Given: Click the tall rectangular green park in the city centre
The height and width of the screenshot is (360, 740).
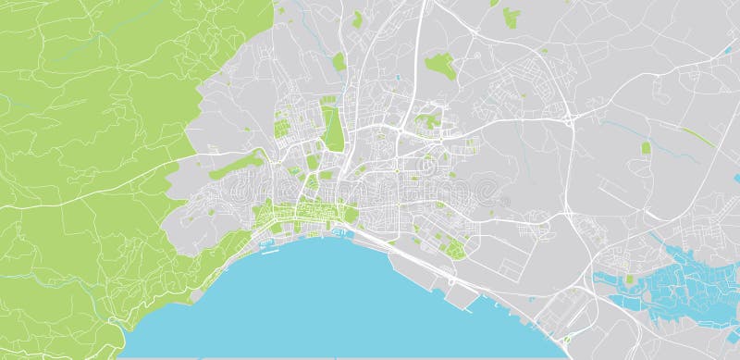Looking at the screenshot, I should [x=331, y=127].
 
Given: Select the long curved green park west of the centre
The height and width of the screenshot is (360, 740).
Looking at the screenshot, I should [x=236, y=166].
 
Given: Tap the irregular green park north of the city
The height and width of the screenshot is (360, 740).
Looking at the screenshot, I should [x=439, y=65].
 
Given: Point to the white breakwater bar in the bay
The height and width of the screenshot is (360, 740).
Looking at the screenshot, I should [x=268, y=250].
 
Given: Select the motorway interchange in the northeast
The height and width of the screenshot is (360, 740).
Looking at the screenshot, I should [x=568, y=118].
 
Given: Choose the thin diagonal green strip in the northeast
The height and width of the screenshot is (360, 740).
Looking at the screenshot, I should [x=698, y=137].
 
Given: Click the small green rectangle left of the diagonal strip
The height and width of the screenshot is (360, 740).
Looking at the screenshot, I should [x=646, y=147].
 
